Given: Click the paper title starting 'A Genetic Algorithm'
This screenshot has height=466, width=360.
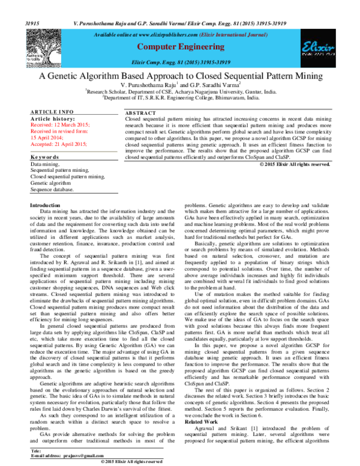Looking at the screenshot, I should click(x=180, y=77).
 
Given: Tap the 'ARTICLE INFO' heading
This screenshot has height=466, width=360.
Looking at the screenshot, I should click(x=52, y=112).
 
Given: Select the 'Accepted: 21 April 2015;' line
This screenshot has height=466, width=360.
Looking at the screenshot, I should click(x=59, y=144).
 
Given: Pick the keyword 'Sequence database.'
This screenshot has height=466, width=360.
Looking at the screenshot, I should click(x=53, y=189).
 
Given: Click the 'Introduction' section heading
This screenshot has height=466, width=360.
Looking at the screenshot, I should click(x=45, y=206).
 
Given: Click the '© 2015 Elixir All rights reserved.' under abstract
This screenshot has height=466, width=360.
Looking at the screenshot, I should click(x=294, y=164).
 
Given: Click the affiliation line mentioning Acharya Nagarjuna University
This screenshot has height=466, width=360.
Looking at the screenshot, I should click(x=180, y=92).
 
